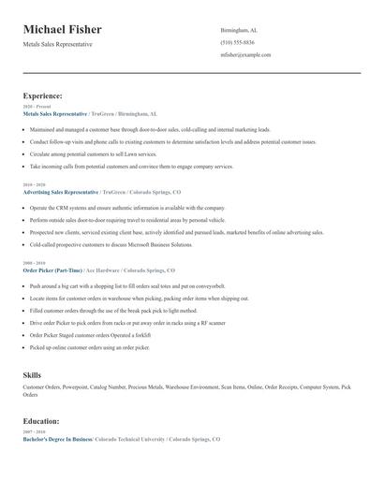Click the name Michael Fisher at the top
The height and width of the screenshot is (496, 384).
63,30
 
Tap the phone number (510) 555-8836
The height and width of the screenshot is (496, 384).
237,42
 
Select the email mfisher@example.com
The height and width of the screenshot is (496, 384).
246,54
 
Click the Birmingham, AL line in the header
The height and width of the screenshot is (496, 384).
239,30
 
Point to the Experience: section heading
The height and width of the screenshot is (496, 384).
43,95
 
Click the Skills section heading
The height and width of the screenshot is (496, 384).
32,374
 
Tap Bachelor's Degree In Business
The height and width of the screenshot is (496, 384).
57,438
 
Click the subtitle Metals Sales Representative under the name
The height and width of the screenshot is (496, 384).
58,45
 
